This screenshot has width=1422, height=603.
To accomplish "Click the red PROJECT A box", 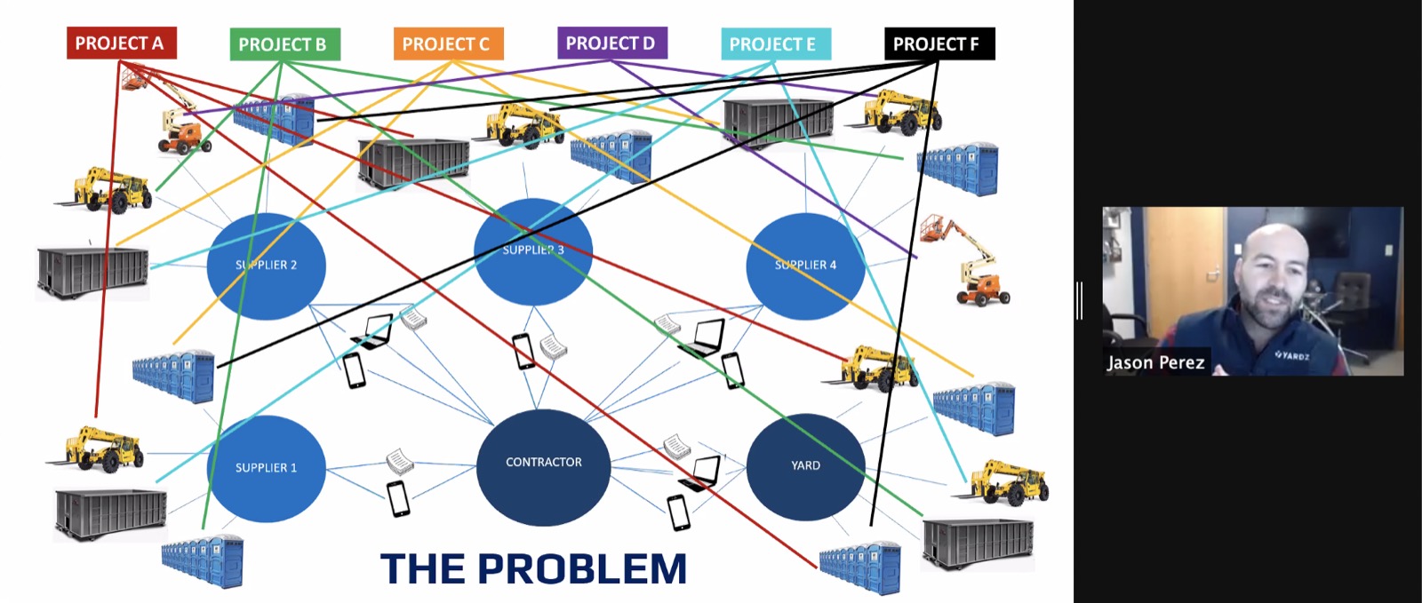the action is pos(121,44).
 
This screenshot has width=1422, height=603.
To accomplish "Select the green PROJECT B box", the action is pos(285,44).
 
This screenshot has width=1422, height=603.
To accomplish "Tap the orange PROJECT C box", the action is pos(448,44).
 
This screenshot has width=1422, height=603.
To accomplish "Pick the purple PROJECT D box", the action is pos(612,44).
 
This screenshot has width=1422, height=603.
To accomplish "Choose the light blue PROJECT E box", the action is pos(776,44).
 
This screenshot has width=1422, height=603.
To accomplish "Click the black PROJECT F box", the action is pos(939,44).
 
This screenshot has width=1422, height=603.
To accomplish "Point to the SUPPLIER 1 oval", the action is pos(266,468).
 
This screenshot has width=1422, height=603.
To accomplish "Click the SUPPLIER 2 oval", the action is pos(266,266).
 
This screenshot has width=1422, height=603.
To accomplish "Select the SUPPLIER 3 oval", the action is pos(533,251).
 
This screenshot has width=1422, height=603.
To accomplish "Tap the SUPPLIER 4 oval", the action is pos(805,266).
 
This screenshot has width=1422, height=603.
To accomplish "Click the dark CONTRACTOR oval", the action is pos(543,467).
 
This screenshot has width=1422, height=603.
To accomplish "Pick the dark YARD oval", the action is pos(805,466).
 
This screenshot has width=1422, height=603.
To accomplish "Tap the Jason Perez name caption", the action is pos(1156,362).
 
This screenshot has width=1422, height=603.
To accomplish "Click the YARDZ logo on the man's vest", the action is pos(1292,355).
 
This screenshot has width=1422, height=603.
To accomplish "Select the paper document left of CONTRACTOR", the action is pos(400,461).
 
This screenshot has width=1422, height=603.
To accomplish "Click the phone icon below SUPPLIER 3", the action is pos(523,352).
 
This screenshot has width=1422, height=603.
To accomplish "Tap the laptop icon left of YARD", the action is pos(701,473).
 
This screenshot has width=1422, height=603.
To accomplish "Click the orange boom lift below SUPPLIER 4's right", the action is pos(965,260).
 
